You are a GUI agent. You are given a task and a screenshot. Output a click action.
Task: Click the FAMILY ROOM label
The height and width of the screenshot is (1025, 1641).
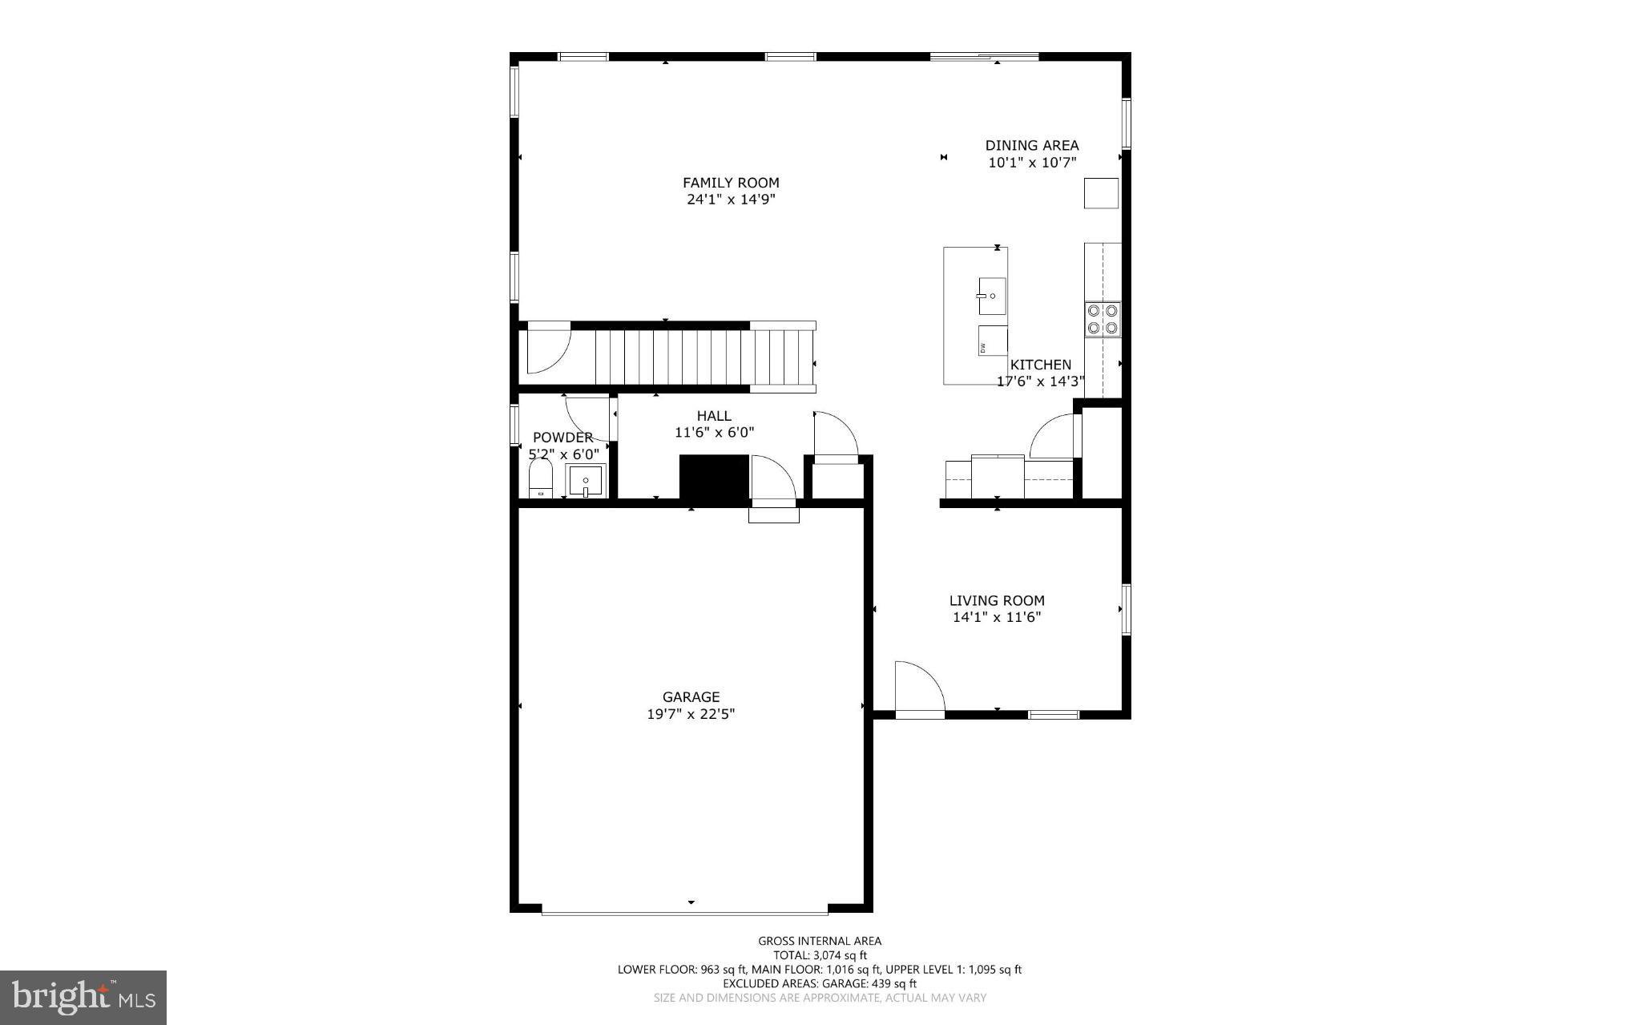(730, 183)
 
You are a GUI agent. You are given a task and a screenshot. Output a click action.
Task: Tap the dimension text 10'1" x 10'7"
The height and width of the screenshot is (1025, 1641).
(1031, 163)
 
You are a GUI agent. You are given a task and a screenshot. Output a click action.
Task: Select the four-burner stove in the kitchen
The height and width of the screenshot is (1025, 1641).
(1103, 318)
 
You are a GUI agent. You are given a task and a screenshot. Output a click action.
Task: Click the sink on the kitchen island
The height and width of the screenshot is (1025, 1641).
(992, 297)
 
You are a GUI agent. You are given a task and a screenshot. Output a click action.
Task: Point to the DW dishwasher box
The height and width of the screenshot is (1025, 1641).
(992, 341)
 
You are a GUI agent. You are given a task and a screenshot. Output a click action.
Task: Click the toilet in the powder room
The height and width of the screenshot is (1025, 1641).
(541, 479)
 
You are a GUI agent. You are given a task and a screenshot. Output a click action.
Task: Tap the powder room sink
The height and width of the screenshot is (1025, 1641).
(586, 482)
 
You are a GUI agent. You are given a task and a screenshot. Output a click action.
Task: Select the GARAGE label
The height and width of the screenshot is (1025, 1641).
(691, 697)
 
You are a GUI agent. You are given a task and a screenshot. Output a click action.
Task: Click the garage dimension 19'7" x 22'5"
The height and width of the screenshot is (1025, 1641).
(691, 714)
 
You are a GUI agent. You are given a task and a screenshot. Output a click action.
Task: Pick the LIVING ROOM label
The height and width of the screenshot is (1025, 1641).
(997, 600)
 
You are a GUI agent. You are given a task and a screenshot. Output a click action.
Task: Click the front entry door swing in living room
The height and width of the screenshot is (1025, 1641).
(918, 688)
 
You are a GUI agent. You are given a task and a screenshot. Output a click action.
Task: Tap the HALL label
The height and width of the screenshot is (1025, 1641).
(713, 416)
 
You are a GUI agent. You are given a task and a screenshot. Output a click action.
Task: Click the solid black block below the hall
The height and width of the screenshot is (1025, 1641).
(714, 478)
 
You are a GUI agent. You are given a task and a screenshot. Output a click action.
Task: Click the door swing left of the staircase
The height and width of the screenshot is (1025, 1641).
(547, 348)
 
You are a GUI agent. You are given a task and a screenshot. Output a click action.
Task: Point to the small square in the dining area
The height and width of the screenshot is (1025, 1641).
(1101, 193)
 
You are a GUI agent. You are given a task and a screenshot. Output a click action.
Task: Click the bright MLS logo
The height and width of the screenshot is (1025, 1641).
(83, 997)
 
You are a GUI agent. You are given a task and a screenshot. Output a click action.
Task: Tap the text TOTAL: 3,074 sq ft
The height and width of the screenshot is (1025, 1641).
(820, 955)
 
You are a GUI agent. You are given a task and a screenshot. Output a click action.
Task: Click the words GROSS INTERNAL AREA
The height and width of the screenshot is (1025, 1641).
(820, 941)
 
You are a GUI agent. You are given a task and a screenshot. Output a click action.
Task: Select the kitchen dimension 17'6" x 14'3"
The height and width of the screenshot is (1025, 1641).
(1040, 381)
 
